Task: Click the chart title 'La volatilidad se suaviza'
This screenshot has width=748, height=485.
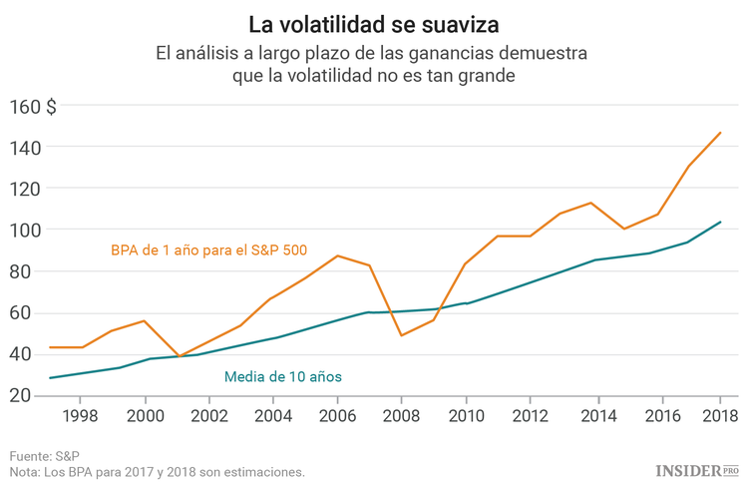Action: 374,21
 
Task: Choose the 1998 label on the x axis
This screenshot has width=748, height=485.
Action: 82,414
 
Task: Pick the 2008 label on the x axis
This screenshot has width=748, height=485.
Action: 401,414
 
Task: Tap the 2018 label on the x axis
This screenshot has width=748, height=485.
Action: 719,414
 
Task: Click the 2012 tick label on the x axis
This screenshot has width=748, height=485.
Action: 529,414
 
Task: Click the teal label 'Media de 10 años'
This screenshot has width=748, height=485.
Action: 283,376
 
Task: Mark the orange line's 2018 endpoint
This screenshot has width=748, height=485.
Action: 720,133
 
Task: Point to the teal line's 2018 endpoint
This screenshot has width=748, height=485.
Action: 720,223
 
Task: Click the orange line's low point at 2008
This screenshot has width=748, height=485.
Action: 401,335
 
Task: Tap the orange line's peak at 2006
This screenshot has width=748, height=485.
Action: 337,255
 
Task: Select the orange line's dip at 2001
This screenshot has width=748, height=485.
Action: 179,356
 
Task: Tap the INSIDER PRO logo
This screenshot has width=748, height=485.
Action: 697,469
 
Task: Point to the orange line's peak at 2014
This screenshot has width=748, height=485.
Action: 591,203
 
